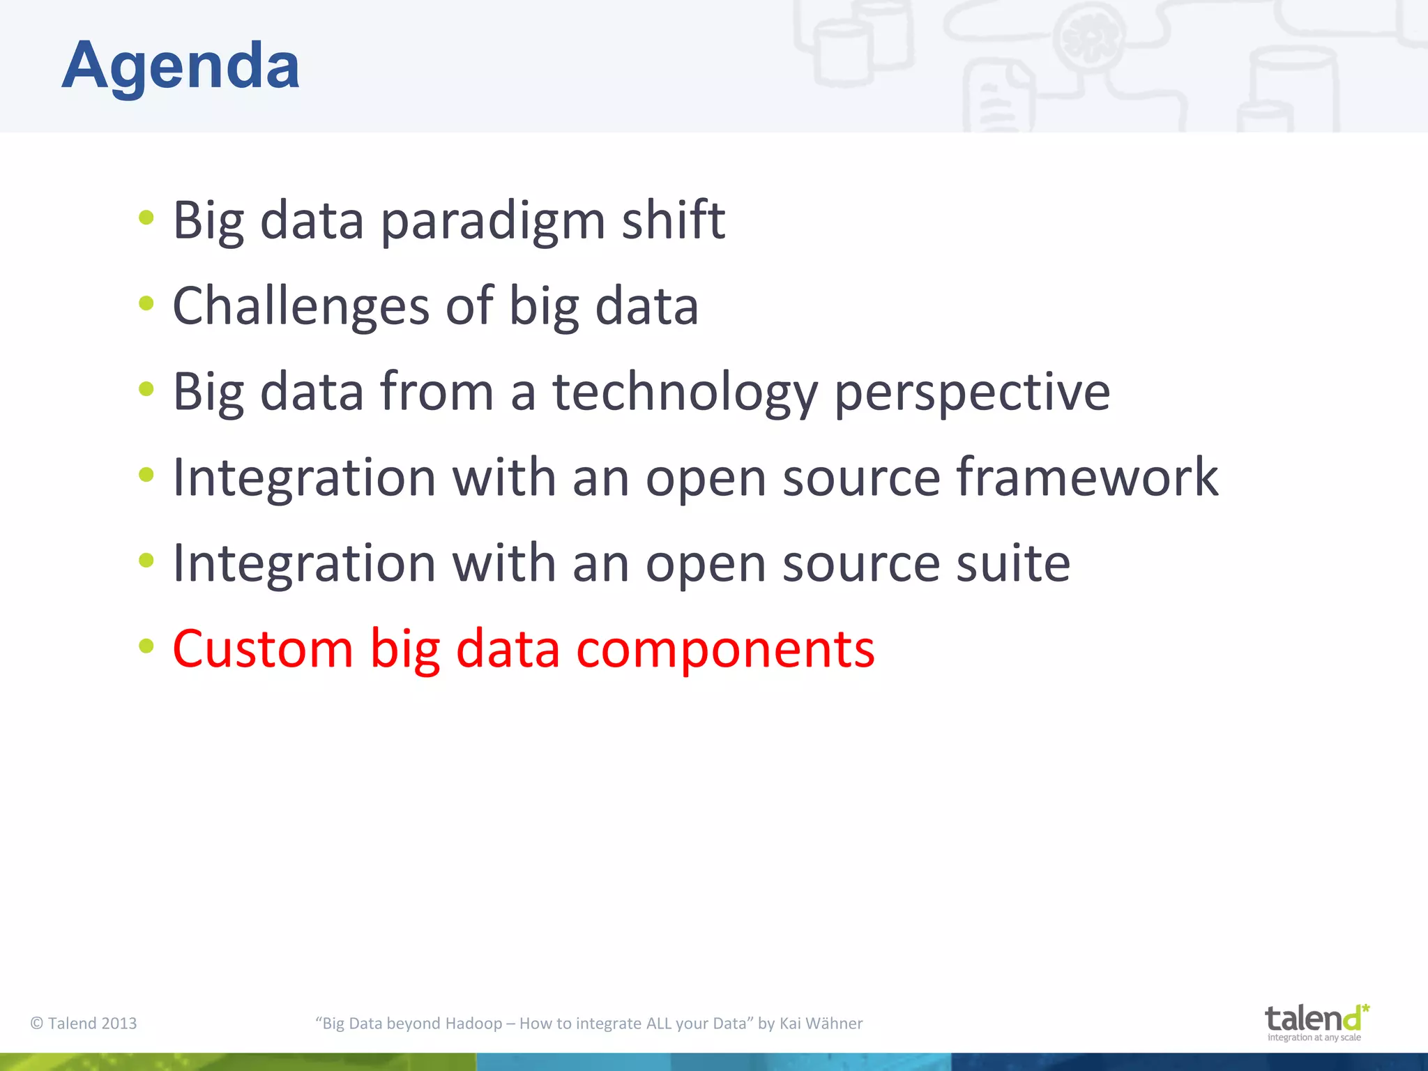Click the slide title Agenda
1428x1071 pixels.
[x=181, y=66]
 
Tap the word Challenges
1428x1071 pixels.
[x=301, y=307]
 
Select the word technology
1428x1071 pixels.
[x=685, y=393]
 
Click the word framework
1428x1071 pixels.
[x=1087, y=478]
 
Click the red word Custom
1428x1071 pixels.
[x=263, y=649]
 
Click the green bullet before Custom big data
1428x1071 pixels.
[x=146, y=646]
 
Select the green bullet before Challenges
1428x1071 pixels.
[x=146, y=303]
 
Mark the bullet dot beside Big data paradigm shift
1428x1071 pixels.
[x=146, y=218]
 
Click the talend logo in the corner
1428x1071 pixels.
[x=1316, y=1021]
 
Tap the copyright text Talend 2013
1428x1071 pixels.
[x=84, y=1023]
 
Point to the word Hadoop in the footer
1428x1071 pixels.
[x=473, y=1023]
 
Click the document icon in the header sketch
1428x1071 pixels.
[x=997, y=101]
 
